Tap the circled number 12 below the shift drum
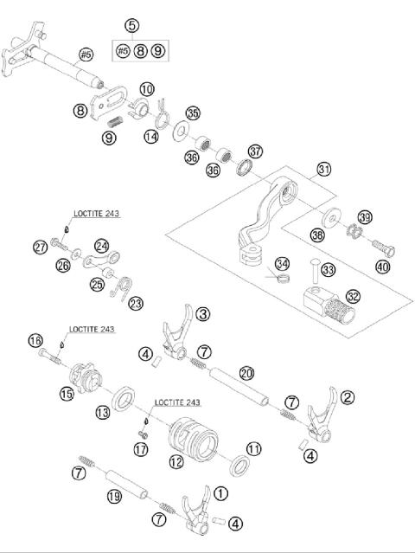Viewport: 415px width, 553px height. click(176, 461)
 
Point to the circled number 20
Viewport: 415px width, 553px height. click(246, 372)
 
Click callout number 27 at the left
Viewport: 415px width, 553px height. click(40, 248)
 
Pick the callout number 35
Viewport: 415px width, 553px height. click(193, 113)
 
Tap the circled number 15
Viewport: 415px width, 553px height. click(66, 394)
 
